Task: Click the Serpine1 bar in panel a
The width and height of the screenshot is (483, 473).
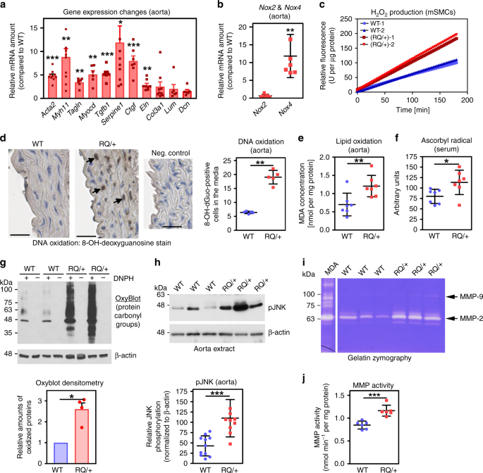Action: point(120,70)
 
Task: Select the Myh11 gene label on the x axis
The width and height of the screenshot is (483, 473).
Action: point(61,111)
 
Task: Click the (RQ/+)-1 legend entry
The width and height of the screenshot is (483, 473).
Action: point(378,37)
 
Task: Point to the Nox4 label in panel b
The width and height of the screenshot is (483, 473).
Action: point(286,110)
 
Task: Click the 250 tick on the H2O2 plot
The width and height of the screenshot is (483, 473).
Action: point(346,19)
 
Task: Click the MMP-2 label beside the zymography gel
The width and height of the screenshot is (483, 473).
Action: point(471,319)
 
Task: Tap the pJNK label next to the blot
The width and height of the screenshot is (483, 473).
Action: point(277,307)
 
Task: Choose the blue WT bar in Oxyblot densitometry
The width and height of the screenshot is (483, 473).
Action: point(61,453)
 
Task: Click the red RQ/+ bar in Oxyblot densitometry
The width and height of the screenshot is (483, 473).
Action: point(82,436)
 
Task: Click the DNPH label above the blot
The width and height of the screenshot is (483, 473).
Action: point(123,278)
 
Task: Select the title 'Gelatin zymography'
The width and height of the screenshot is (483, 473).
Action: point(379,358)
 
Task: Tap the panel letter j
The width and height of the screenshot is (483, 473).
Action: point(305,379)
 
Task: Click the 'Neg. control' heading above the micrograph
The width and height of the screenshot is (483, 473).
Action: point(171,153)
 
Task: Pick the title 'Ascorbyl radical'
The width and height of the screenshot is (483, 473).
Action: point(446,141)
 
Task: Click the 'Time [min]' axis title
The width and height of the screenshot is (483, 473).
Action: point(412,110)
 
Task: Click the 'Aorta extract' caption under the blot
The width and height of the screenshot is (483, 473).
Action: point(214,348)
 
